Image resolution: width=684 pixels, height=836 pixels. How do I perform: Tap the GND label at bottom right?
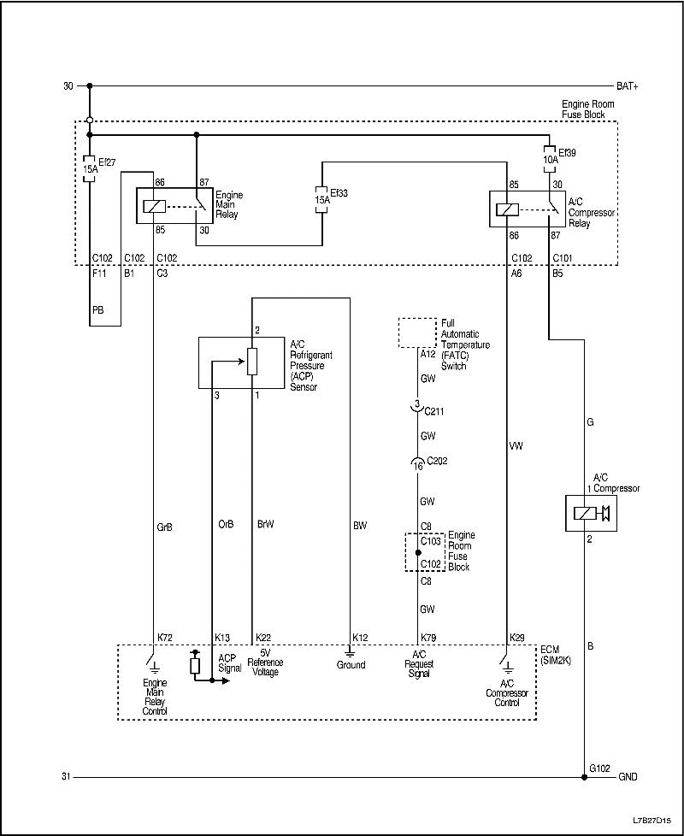pyautogui.click(x=628, y=777)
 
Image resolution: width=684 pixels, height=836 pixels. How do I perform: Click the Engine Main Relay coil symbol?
pyautogui.click(x=155, y=206)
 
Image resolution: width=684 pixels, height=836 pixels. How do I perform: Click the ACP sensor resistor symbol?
pyautogui.click(x=252, y=362)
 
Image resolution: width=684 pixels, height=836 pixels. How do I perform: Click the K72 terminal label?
pyautogui.click(x=165, y=638)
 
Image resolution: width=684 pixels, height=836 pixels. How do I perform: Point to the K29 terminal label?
pyautogui.click(x=517, y=638)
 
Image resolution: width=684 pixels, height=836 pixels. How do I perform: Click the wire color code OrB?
pyautogui.click(x=227, y=526)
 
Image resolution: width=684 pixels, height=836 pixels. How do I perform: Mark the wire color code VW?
pyautogui.click(x=516, y=445)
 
